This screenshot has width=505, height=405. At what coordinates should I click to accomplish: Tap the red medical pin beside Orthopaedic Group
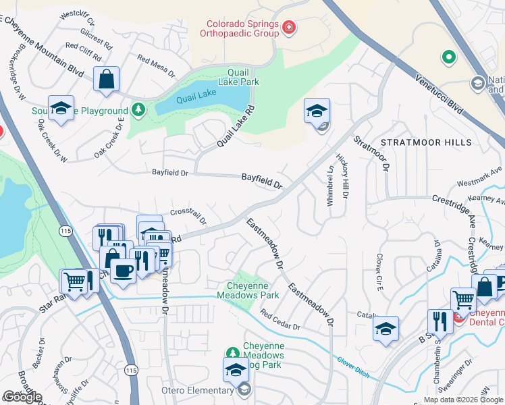tap(289, 27)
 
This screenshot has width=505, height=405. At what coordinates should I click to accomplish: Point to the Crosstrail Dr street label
tap(188, 215)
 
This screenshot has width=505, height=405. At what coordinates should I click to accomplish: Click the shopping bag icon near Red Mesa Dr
tap(107, 78)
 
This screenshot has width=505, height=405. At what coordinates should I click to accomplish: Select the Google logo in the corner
tap(22, 397)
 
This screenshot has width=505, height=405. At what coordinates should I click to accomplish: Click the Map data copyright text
tap(463, 400)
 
